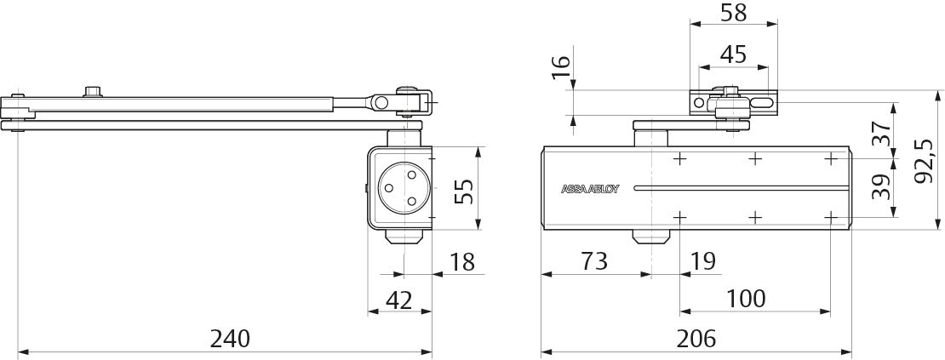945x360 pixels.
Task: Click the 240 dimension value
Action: click(x=230, y=339)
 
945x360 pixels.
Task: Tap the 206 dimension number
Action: click(x=696, y=339)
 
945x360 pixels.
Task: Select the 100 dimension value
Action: click(x=746, y=298)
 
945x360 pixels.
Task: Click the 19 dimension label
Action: click(x=702, y=261)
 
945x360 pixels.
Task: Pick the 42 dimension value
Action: click(x=399, y=300)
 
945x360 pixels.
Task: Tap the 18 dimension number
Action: click(x=461, y=262)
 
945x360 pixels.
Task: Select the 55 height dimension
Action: click(x=464, y=189)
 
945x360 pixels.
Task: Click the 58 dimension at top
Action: click(x=734, y=13)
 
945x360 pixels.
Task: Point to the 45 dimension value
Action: click(x=734, y=54)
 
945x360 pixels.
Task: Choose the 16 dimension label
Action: click(x=560, y=67)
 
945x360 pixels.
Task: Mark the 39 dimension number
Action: click(x=881, y=186)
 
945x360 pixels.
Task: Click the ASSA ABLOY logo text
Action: click(x=590, y=188)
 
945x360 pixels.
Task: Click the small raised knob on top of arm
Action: click(x=92, y=92)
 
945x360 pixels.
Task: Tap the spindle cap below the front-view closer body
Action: click(x=651, y=237)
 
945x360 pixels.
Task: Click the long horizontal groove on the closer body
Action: click(x=742, y=188)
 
